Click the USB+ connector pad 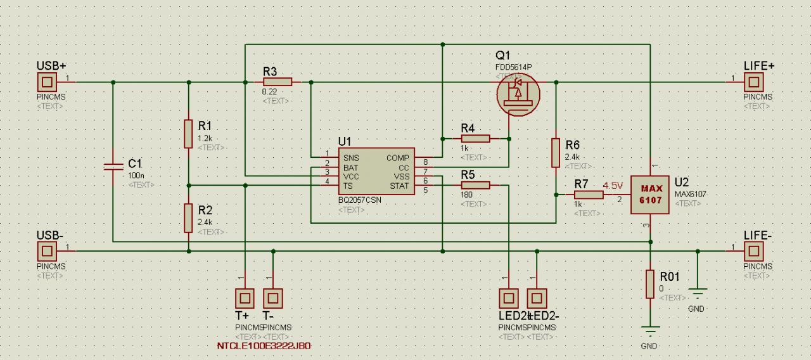(46, 82)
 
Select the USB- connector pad (46, 251)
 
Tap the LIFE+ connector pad (753, 82)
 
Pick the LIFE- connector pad (753, 251)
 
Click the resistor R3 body (278, 82)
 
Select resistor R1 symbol (188, 133)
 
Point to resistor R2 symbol (188, 218)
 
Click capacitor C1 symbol (113, 166)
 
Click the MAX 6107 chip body (651, 195)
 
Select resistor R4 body (476, 138)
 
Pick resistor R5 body (476, 185)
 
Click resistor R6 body (556, 153)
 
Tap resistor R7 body (589, 195)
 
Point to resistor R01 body (650, 284)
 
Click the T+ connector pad (245, 297)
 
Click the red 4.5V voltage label (613, 186)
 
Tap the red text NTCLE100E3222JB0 (264, 346)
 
